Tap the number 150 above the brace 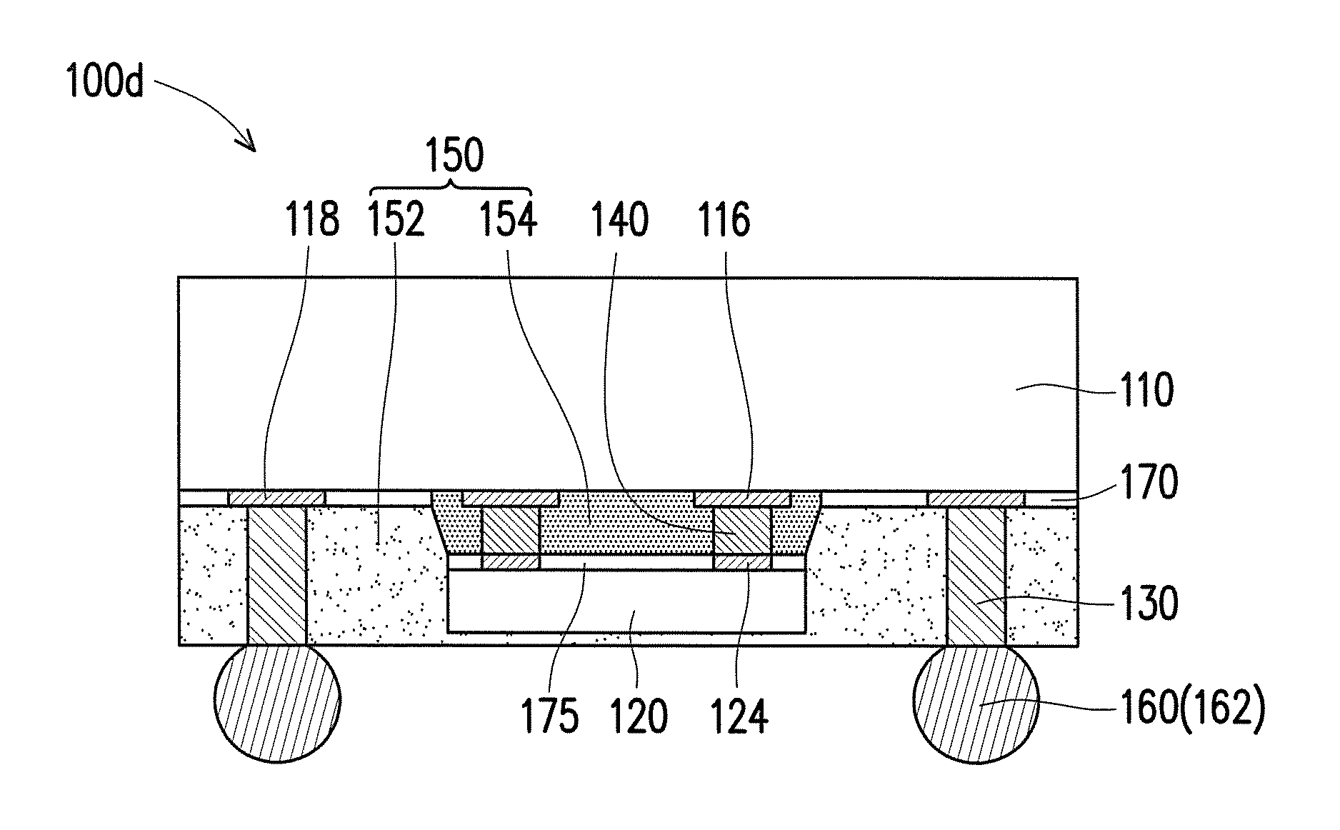tap(454, 155)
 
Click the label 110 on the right tap(1146, 391)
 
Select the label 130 tap(1149, 604)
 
